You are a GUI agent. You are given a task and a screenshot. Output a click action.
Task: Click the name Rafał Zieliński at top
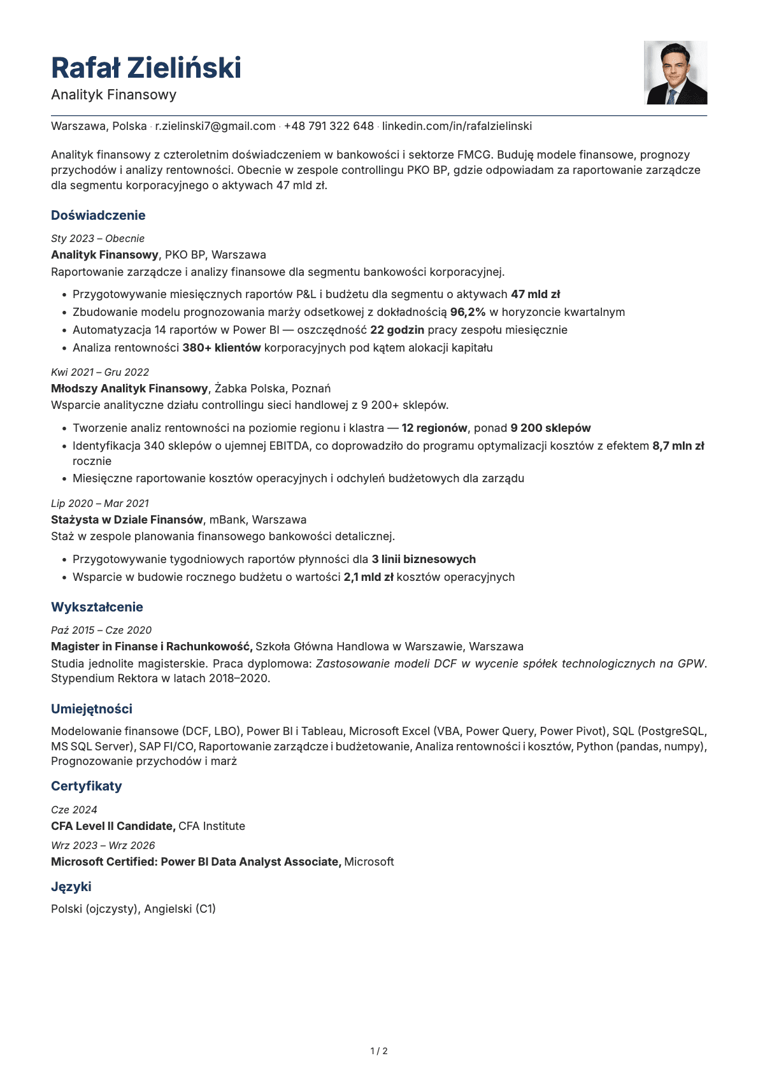(146, 68)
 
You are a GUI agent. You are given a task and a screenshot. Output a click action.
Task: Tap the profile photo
(675, 73)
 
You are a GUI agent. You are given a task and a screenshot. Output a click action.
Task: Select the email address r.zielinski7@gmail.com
(215, 126)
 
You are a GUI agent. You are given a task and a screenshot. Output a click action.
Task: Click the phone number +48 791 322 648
(329, 126)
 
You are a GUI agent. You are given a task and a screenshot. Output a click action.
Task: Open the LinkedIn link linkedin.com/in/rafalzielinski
(457, 126)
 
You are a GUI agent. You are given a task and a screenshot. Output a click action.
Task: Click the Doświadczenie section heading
(98, 215)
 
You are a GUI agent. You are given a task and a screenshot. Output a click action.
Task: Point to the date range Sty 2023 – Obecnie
(97, 238)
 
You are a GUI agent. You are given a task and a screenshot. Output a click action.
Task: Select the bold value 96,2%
(468, 312)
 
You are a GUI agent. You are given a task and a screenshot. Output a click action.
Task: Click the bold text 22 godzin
(397, 330)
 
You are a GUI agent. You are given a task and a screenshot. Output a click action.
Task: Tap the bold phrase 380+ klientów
(222, 348)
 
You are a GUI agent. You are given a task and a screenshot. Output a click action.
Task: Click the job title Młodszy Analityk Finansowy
(129, 389)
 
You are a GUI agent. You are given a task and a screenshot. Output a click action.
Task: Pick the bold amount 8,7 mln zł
(678, 446)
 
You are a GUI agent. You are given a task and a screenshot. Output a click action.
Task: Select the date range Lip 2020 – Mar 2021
(99, 503)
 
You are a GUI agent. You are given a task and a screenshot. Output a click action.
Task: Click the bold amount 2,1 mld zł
(368, 577)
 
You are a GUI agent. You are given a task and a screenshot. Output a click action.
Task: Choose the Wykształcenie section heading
(97, 607)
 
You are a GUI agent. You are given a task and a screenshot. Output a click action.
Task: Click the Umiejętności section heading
(92, 709)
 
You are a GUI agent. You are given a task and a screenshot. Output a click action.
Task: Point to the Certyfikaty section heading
(86, 786)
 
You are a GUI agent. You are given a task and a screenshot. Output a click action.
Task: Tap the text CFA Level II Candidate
(113, 826)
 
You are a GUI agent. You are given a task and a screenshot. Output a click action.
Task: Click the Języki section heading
(71, 887)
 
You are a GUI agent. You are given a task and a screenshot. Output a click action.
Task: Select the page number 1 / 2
(379, 1051)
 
